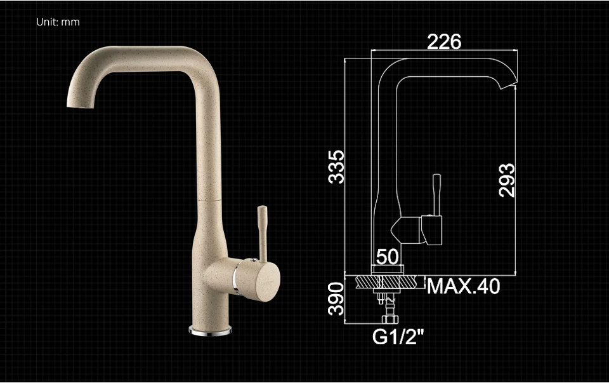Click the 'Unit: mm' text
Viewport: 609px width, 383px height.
click(58, 22)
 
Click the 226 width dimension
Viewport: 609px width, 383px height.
click(444, 42)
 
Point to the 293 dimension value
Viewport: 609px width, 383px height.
click(507, 180)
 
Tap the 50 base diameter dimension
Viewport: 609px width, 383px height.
click(387, 257)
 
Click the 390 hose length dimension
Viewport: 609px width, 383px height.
click(336, 299)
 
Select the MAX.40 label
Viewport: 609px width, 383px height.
click(463, 286)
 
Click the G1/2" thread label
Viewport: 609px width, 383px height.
click(398, 337)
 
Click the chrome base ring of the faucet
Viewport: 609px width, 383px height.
click(210, 331)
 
